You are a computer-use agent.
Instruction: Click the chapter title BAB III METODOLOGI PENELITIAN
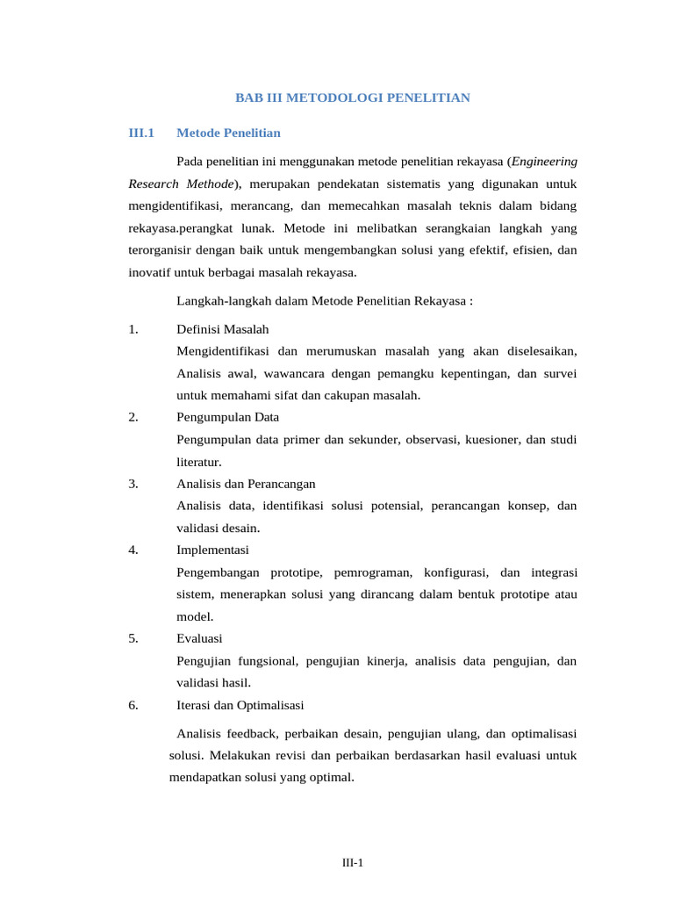[353, 97]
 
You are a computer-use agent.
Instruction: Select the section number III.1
[140, 133]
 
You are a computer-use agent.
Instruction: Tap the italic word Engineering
[544, 162]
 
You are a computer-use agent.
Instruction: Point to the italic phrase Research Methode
[181, 183]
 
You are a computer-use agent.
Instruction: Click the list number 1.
[133, 328]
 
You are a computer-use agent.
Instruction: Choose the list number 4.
[133, 550]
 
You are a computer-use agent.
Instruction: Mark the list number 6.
[133, 704]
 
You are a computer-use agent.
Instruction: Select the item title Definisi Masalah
[222, 328]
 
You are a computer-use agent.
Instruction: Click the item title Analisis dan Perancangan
[246, 484]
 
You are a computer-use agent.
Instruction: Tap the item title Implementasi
[212, 550]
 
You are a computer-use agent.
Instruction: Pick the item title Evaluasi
[199, 638]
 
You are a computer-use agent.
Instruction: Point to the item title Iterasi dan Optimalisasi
[240, 704]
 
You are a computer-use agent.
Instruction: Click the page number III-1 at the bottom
[353, 863]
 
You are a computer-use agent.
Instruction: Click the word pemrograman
[373, 572]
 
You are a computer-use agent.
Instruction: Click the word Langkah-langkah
[223, 300]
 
